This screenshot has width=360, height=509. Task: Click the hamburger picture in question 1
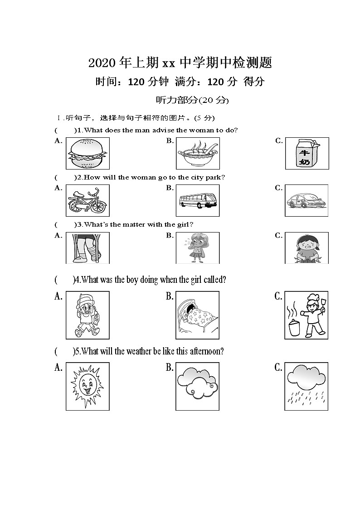(88, 154)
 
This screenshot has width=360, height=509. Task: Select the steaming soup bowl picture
(197, 154)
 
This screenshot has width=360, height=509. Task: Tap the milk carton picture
(307, 154)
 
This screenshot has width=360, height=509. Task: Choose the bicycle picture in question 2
(88, 201)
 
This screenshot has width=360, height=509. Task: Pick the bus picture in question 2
(197, 201)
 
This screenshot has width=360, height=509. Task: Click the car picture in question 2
(307, 201)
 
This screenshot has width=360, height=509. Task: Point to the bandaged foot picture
(88, 248)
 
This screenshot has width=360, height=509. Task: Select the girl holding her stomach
(306, 248)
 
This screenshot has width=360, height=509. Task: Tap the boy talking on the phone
(88, 315)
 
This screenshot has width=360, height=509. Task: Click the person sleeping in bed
(197, 315)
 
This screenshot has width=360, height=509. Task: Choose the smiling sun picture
(88, 387)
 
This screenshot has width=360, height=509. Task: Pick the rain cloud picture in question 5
(306, 387)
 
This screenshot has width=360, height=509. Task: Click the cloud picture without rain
(197, 387)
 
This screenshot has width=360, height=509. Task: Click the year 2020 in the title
(102, 63)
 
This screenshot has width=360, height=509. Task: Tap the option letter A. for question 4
(58, 296)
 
